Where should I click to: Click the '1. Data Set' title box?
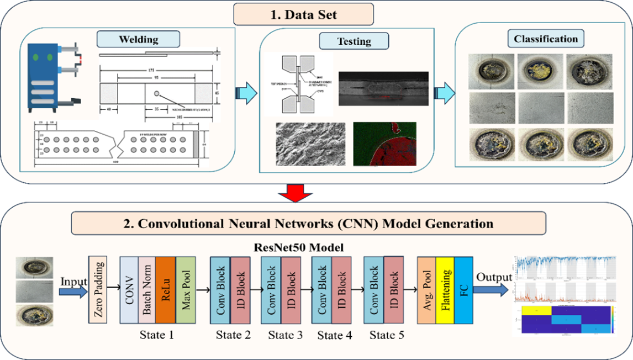[305, 14]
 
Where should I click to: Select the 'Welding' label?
[138, 39]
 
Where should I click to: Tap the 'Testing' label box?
[354, 41]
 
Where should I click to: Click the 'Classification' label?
[546, 39]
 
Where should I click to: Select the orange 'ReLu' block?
[165, 290]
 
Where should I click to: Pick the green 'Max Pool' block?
[186, 290]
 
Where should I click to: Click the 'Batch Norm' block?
[147, 290]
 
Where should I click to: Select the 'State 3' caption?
[286, 335]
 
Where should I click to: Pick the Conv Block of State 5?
[374, 290]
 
